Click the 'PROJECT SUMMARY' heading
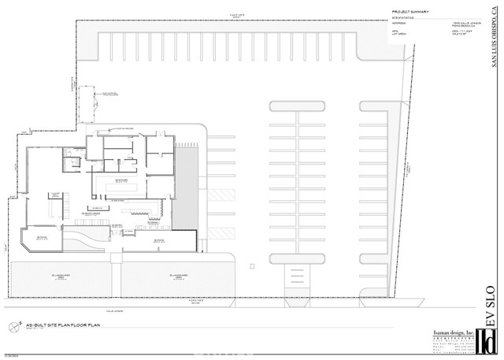click(410, 12)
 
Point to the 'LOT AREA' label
click(399, 35)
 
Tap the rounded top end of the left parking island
click(297, 106)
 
